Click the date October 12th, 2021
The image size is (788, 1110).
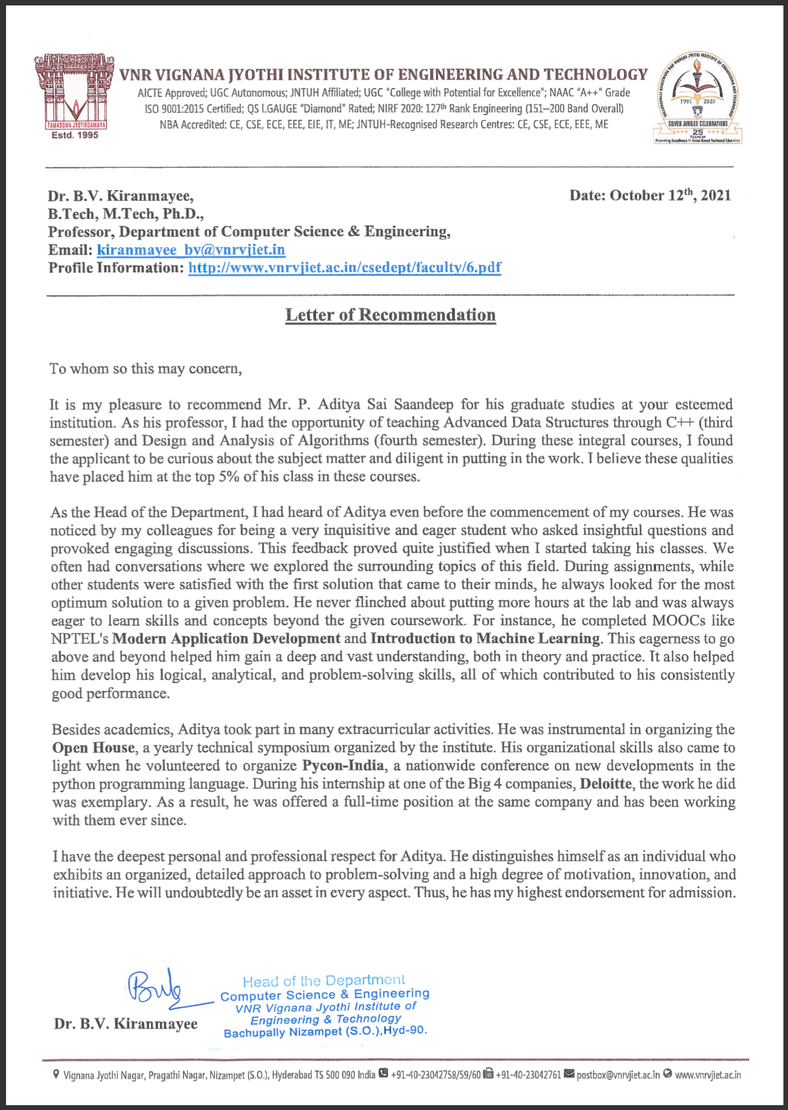[650, 195]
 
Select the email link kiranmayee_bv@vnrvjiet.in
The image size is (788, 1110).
[191, 250]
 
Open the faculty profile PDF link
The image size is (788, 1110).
[345, 268]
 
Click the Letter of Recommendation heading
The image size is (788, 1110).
[390, 315]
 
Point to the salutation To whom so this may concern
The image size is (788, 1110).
[145, 369]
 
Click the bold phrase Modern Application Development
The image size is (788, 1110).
[226, 639]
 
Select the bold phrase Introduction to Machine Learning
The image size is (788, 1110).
[485, 639]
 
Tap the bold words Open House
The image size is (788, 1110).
[94, 748]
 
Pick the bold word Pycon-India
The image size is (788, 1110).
[343, 766]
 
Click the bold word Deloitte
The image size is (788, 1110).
[605, 784]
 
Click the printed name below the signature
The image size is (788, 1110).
[126, 1024]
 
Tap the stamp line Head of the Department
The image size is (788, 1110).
[324, 981]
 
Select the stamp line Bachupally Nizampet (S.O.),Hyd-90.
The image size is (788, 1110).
[325, 1032]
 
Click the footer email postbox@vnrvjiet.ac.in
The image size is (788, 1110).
[618, 1075]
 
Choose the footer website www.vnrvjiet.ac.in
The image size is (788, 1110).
[707, 1075]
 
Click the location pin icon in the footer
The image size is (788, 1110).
[56, 1074]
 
